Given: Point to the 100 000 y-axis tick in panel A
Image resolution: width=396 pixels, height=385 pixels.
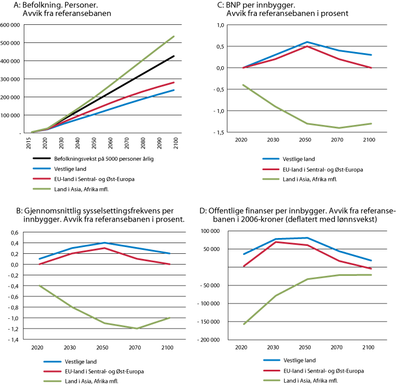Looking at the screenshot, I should [11, 115].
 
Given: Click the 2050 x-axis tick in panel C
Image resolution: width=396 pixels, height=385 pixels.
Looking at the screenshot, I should [307, 139].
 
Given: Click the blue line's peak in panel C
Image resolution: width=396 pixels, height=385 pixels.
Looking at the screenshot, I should [307, 42].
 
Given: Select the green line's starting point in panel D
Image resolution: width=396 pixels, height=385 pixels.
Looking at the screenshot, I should [244, 324].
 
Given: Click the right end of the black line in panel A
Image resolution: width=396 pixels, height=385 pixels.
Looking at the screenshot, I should [174, 56].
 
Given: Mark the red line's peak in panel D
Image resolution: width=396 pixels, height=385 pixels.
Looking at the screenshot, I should [276, 241].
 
